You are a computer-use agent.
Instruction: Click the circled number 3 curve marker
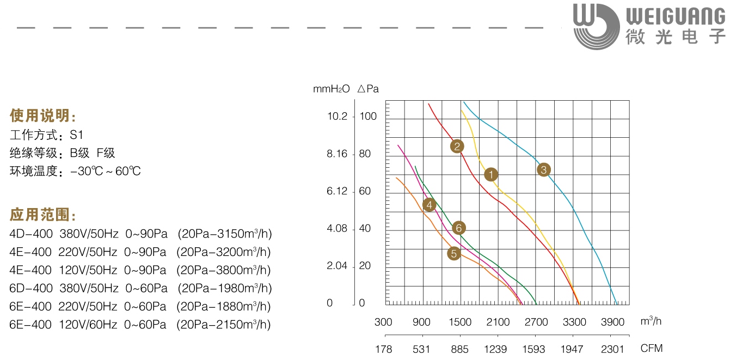543,170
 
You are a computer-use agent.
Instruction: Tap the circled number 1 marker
491,174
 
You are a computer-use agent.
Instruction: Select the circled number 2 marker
457,146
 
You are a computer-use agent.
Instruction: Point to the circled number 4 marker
430,205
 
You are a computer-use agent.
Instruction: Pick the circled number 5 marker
453,253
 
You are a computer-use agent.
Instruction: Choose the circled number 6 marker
458,228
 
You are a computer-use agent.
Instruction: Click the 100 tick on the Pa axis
368,117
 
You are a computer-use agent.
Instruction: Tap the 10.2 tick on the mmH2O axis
337,117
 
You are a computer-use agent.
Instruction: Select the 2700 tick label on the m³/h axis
536,322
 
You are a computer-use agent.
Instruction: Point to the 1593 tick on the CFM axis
533,349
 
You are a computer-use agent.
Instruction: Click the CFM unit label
652,349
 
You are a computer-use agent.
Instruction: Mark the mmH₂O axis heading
331,89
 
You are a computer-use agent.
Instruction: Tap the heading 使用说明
43,116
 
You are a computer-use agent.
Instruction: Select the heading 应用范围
43,215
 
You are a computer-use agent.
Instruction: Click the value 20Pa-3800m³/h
224,270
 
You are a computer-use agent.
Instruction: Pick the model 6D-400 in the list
30,288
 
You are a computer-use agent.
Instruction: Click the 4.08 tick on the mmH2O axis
337,229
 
